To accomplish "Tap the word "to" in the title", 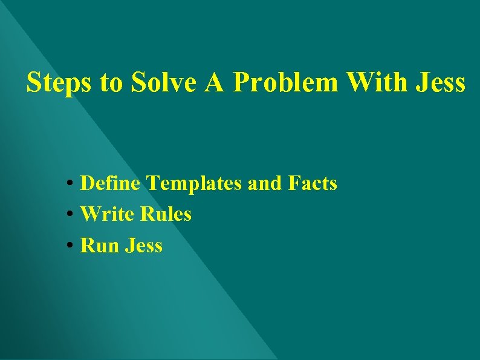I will point(111,83).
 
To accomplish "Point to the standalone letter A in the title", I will point(215,82).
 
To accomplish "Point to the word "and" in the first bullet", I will point(265,183).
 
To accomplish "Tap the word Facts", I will point(313,183).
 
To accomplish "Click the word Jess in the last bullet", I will point(144,246).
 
